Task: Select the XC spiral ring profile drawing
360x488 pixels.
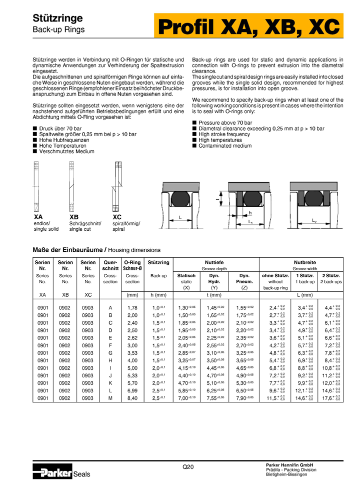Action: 117,186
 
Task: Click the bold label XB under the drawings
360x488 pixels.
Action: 74,217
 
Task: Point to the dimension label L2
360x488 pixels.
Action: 314,220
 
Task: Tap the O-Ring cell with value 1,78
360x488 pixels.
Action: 132,307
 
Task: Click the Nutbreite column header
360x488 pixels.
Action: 301,262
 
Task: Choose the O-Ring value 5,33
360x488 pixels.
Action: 132,375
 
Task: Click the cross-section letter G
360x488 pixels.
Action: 110,352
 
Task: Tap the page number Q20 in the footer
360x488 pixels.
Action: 187,466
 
